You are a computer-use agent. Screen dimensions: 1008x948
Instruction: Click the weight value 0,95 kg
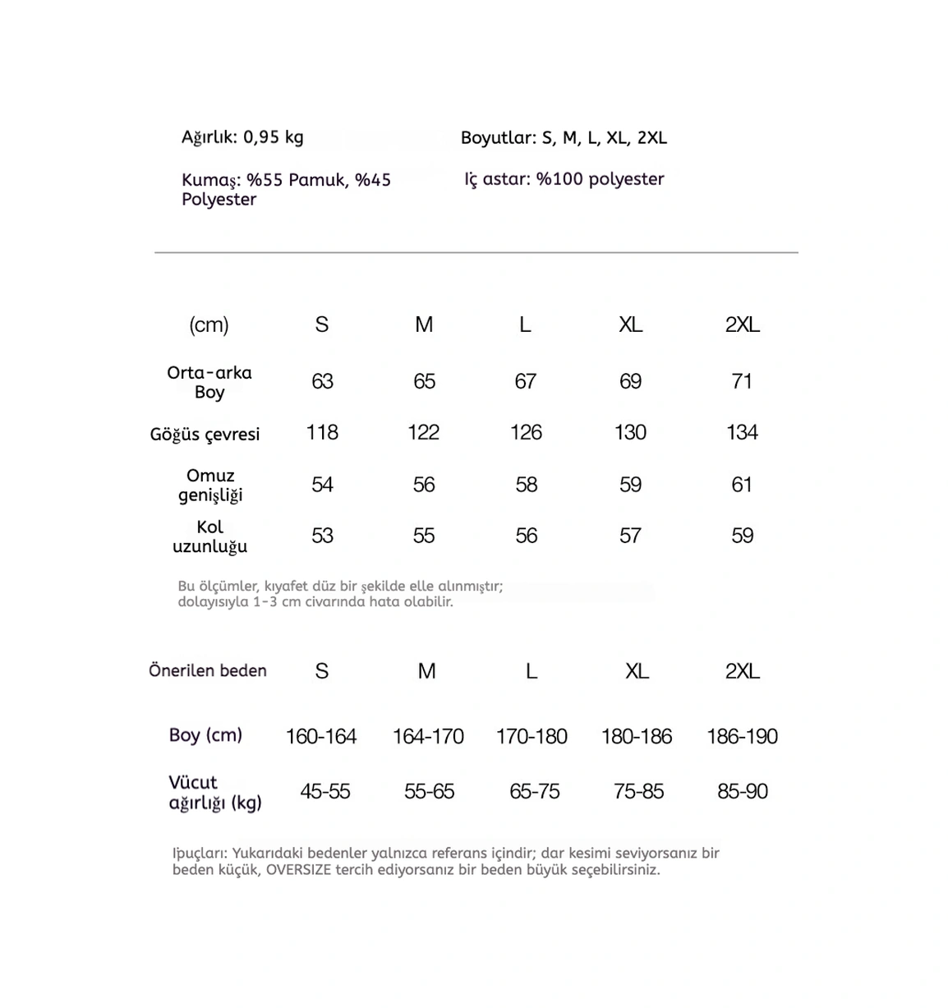[x=274, y=137]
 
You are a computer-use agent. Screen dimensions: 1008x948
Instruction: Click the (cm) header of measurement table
[x=209, y=324]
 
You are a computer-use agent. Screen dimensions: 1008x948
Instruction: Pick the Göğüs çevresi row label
[x=205, y=434]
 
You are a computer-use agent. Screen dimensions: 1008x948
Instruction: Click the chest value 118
[x=322, y=432]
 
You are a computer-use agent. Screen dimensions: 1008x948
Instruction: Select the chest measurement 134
[x=742, y=432]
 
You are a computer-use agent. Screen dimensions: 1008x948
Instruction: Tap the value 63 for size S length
[x=322, y=381]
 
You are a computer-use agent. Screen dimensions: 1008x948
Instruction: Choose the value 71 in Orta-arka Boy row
[x=742, y=381]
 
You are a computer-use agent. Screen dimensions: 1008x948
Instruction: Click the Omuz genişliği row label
[x=210, y=485]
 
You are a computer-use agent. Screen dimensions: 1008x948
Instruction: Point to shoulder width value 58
[x=526, y=485]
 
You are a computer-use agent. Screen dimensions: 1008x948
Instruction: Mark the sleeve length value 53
[x=322, y=536]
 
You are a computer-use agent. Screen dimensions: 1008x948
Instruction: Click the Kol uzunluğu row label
[x=209, y=536]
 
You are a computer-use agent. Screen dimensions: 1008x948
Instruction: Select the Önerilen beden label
[x=208, y=670]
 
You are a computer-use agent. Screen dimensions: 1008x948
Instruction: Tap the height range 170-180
[x=532, y=736]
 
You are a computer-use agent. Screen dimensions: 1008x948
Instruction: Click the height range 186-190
[x=742, y=736]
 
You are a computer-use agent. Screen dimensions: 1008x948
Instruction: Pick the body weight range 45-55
[x=325, y=791]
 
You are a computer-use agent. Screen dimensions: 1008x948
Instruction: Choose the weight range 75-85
[x=638, y=791]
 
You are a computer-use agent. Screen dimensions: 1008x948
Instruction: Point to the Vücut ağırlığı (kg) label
[x=214, y=792]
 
